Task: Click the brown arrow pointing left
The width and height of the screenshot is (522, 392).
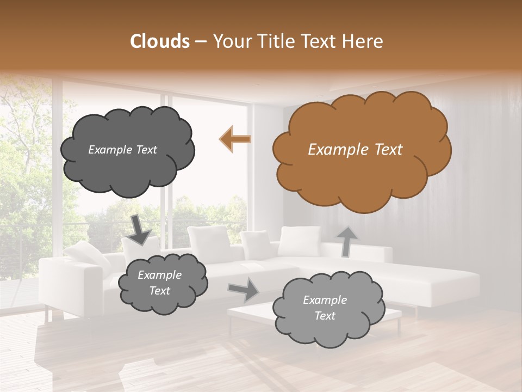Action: point(235,139)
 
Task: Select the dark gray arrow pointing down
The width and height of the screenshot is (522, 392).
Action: point(140,229)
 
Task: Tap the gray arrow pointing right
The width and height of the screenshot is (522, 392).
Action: point(244,290)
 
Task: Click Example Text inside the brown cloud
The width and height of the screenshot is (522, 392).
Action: point(355,150)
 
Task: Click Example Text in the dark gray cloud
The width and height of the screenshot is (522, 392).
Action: point(122,150)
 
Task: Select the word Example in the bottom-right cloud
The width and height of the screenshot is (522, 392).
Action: point(325,300)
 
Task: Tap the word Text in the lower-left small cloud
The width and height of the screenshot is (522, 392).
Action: point(159,291)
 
